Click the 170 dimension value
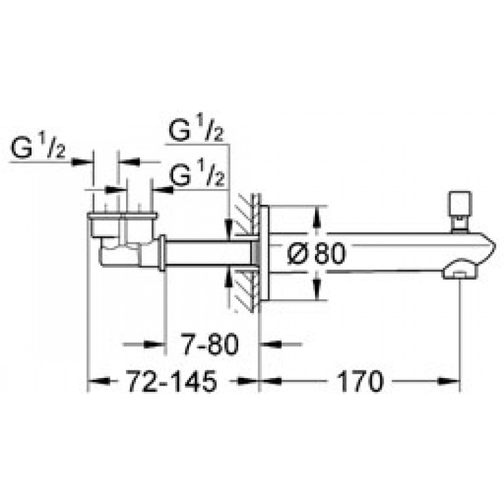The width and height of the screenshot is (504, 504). (x=360, y=381)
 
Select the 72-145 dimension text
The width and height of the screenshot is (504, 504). (x=172, y=381)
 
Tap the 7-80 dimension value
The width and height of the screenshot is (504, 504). (x=210, y=344)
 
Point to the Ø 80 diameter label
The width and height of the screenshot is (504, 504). (x=316, y=254)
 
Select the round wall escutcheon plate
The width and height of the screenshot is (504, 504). (x=264, y=254)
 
